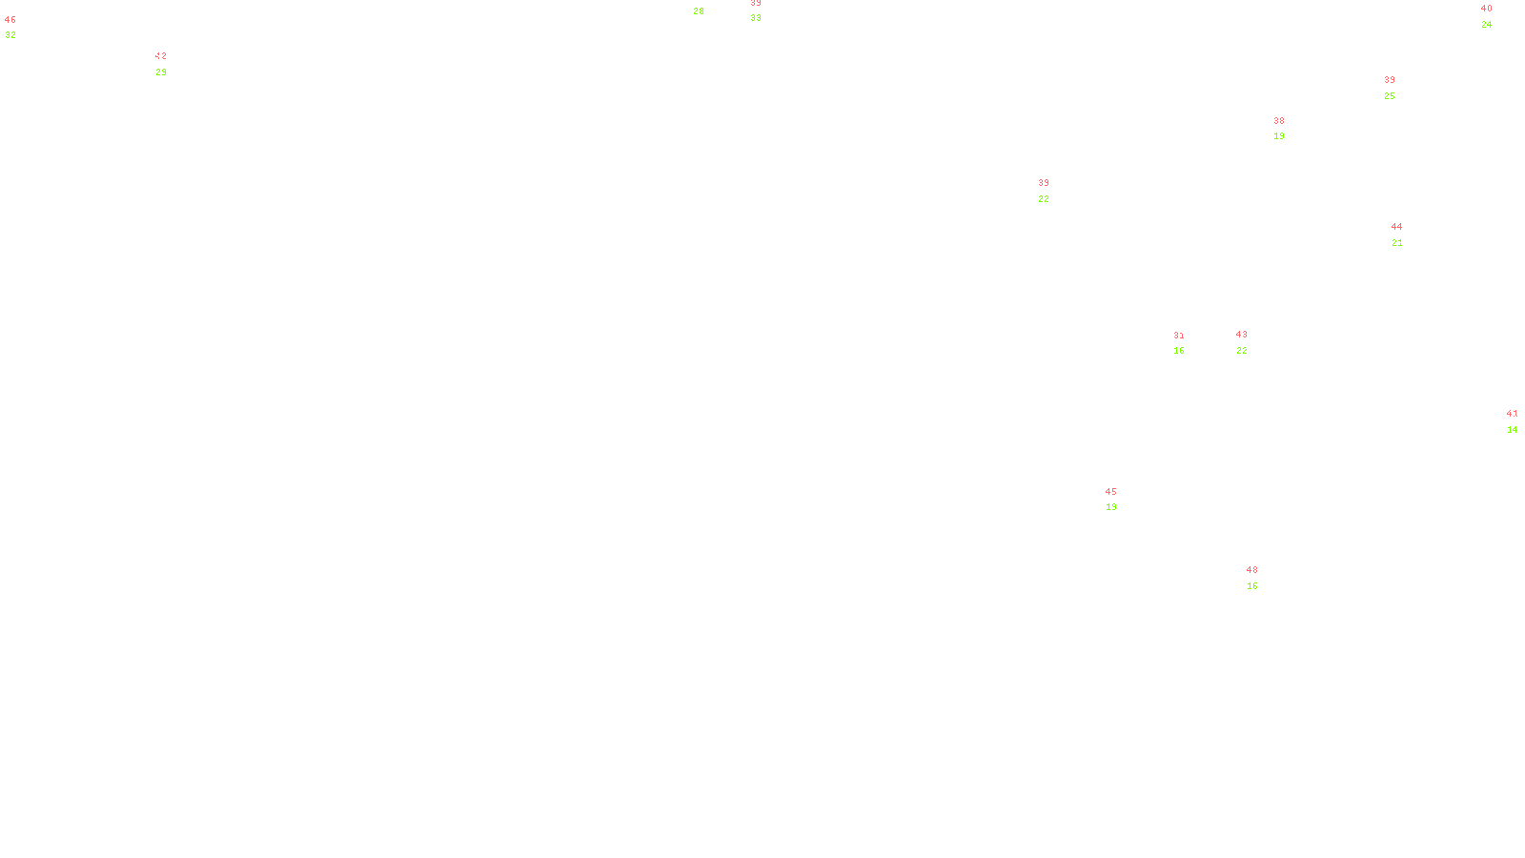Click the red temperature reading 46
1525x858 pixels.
pyautogui.click(x=10, y=20)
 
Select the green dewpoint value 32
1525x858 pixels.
pyautogui.click(x=10, y=35)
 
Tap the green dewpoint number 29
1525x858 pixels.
pyautogui.click(x=161, y=72)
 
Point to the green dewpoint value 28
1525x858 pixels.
pyautogui.click(x=699, y=11)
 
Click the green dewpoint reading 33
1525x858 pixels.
pyautogui.click(x=756, y=18)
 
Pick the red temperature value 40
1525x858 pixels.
pyautogui.click(x=1486, y=9)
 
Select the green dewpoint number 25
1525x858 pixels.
pyautogui.click(x=1390, y=96)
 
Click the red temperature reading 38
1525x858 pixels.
pyautogui.click(x=1279, y=121)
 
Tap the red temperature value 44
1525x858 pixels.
pyautogui.click(x=1396, y=227)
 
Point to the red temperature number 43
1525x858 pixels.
pyautogui.click(x=1241, y=335)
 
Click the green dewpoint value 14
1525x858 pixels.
pyautogui.click(x=1513, y=430)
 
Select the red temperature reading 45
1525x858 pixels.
pyautogui.click(x=1110, y=492)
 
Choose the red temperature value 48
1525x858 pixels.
pyautogui.click(x=1251, y=570)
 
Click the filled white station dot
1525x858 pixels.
pyautogui.click(x=1262, y=578)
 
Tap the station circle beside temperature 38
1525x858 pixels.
pyautogui.click(x=1288, y=129)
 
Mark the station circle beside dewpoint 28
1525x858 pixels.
pyautogui.click(x=708, y=5)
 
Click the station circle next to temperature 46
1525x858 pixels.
pyautogui.click(x=20, y=28)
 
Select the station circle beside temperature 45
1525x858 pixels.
pyautogui.click(x=1121, y=500)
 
